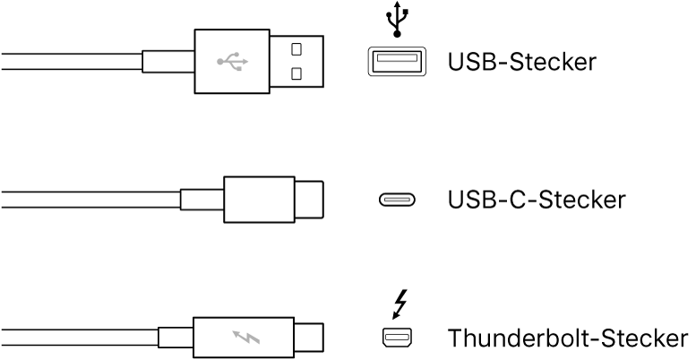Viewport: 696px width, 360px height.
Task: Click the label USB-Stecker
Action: coord(521,62)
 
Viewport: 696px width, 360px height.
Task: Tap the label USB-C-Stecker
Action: coord(536,200)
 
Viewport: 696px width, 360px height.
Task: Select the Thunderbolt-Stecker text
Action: coord(568,339)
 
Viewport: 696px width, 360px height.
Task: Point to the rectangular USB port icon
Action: coord(395,62)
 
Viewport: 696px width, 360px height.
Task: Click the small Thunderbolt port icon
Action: coord(395,339)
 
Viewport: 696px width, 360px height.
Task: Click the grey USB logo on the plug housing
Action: coord(232,62)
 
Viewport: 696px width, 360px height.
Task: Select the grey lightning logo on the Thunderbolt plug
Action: coord(244,339)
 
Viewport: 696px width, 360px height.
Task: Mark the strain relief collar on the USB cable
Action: coord(168,62)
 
